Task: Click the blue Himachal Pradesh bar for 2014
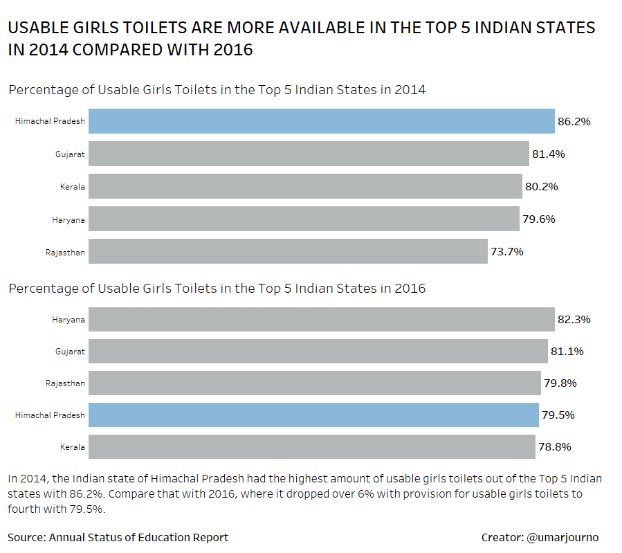pyautogui.click(x=321, y=121)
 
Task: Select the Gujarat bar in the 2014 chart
pyautogui.click(x=309, y=154)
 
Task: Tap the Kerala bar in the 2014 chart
pyautogui.click(x=305, y=186)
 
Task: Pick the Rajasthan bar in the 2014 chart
pyautogui.click(x=288, y=251)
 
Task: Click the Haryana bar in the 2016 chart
pyautogui.click(x=321, y=320)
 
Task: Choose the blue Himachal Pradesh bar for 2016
pyautogui.click(x=313, y=415)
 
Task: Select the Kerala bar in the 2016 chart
pyautogui.click(x=311, y=446)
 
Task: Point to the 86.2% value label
pyautogui.click(x=574, y=122)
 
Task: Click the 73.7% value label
pyautogui.click(x=506, y=252)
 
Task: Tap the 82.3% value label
pyautogui.click(x=574, y=320)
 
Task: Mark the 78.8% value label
pyautogui.click(x=554, y=447)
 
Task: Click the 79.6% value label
pyautogui.click(x=538, y=219)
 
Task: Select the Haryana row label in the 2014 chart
pyautogui.click(x=68, y=219)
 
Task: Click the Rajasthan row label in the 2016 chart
pyautogui.click(x=65, y=383)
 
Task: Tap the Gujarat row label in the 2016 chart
pyautogui.click(x=70, y=352)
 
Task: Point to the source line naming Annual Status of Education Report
pyautogui.click(x=118, y=537)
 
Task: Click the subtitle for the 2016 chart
pyautogui.click(x=217, y=289)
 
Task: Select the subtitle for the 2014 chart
pyautogui.click(x=217, y=90)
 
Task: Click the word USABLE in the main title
pyautogui.click(x=41, y=28)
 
